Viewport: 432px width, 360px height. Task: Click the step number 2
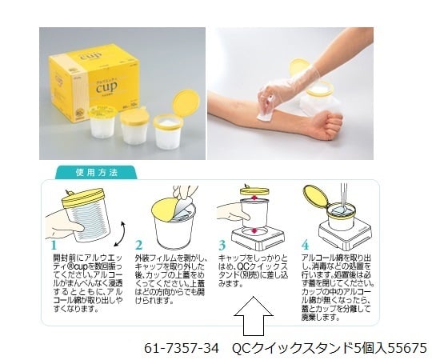138,245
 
